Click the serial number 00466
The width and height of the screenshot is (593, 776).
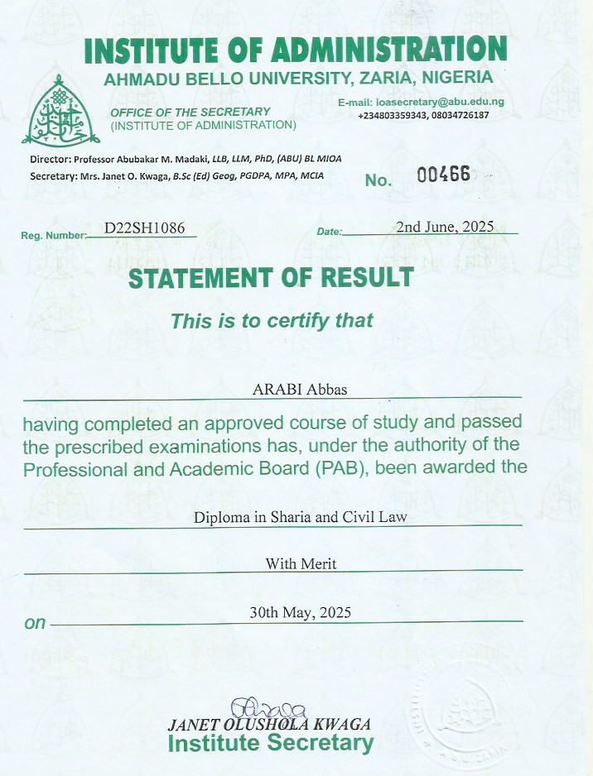[443, 175]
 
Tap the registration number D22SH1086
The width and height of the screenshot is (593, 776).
[144, 228]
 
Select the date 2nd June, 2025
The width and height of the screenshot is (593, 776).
[445, 227]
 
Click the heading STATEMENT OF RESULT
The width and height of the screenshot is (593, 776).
[271, 278]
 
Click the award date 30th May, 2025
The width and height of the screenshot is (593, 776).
[300, 613]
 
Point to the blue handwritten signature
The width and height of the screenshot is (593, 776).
[269, 707]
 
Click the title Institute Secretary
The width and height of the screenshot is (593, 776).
[271, 743]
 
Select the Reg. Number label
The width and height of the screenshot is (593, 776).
[53, 236]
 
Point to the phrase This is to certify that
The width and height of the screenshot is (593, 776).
[272, 321]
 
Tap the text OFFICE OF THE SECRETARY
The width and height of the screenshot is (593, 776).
[190, 112]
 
